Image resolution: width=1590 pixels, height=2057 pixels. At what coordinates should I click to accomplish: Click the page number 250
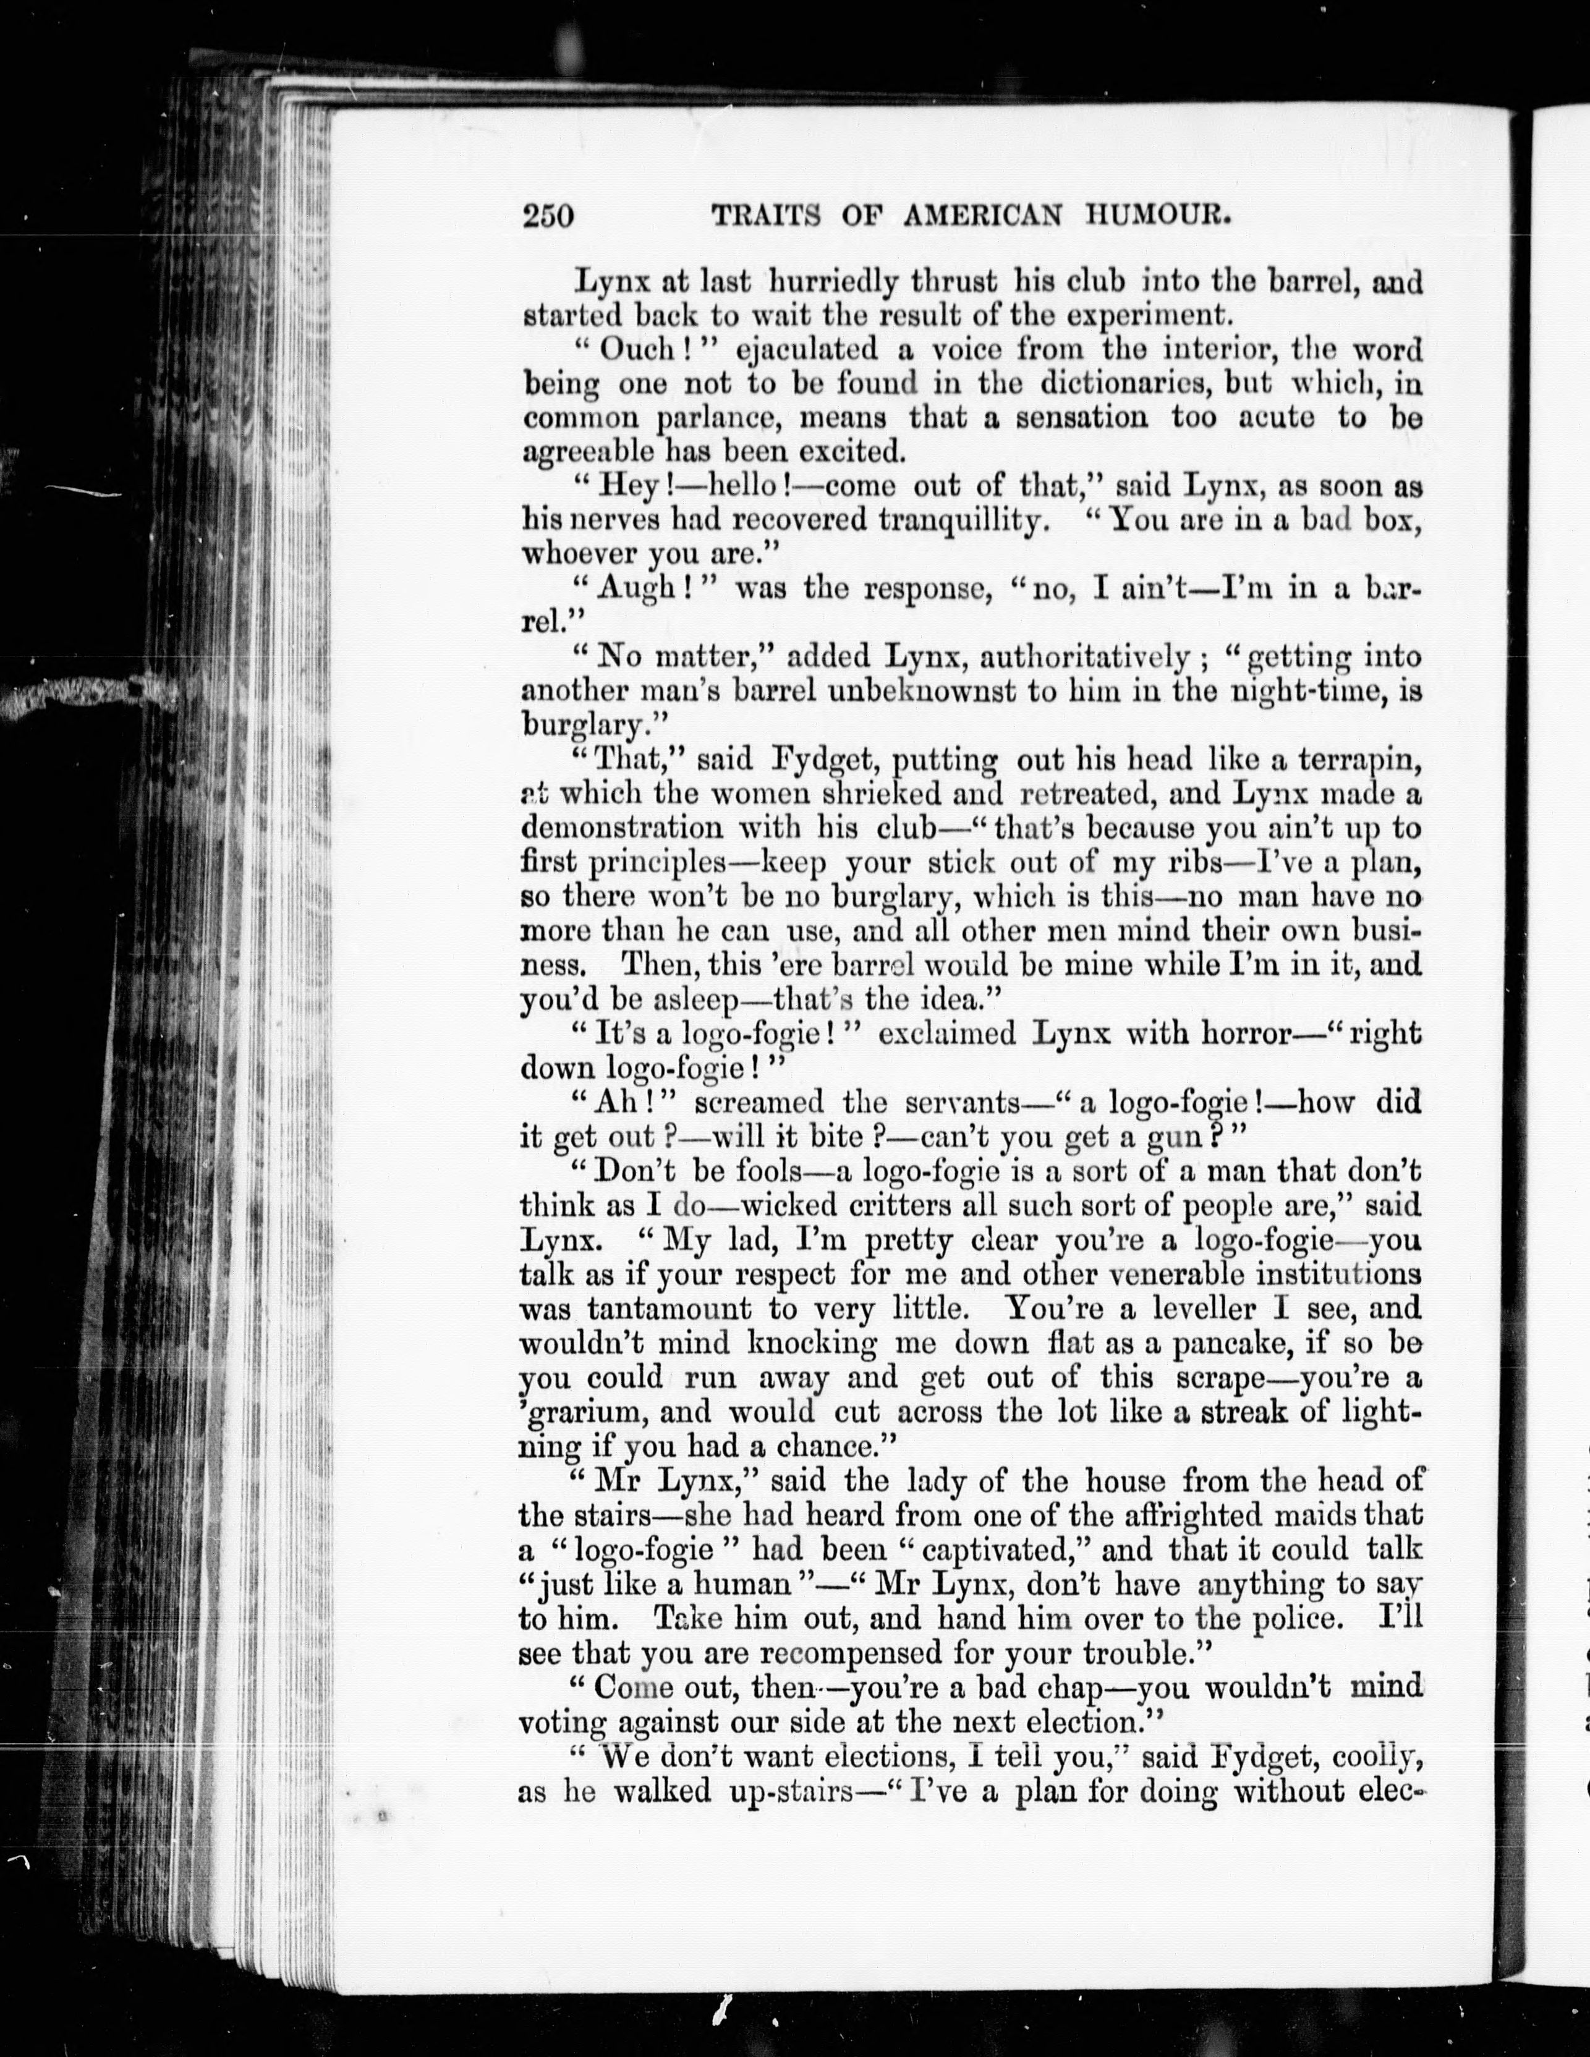pyautogui.click(x=547, y=216)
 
